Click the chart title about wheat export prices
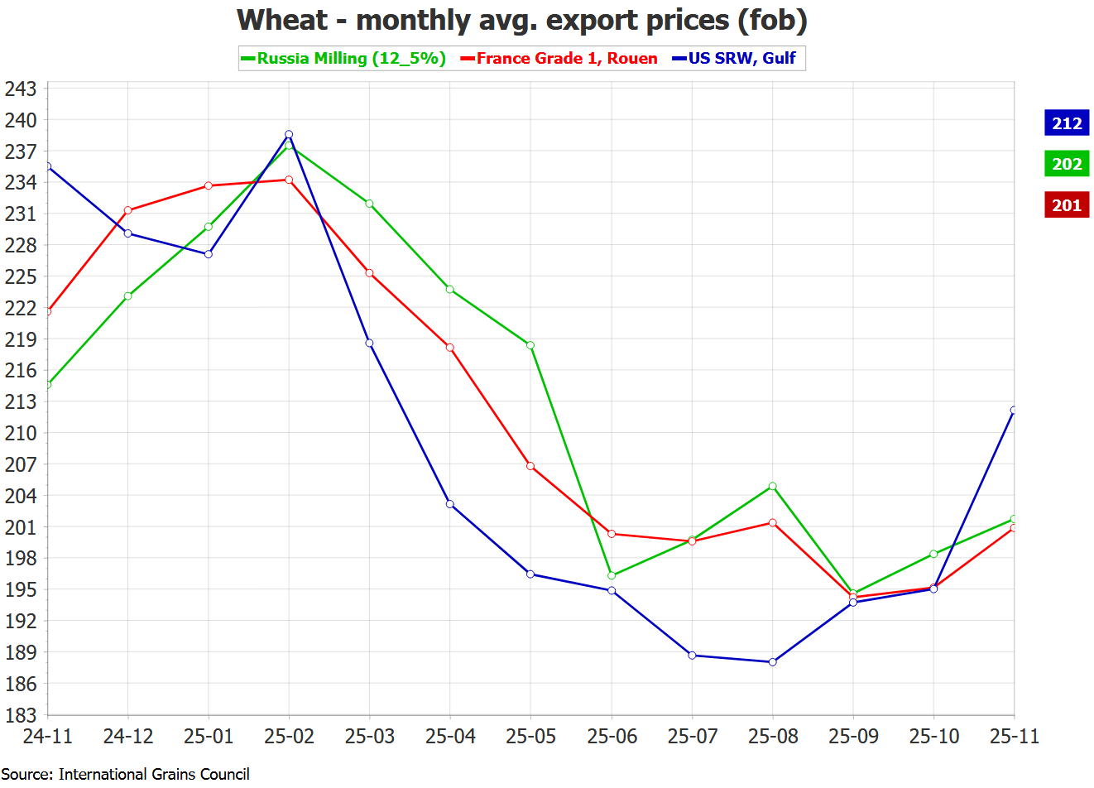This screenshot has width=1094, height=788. pyautogui.click(x=521, y=20)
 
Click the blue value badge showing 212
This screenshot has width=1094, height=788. pyautogui.click(x=1067, y=123)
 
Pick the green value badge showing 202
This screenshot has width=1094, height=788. pyautogui.click(x=1067, y=164)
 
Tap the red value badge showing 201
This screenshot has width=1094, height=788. pyautogui.click(x=1067, y=205)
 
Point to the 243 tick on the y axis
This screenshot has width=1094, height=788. pyautogui.click(x=21, y=89)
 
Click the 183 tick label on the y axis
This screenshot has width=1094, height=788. pyautogui.click(x=21, y=715)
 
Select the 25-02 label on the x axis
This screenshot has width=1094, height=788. pyautogui.click(x=289, y=737)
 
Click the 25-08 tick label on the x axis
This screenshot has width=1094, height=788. pyautogui.click(x=773, y=737)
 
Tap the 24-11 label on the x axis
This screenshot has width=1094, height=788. pyautogui.click(x=47, y=737)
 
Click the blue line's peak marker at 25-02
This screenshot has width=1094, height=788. pyautogui.click(x=289, y=134)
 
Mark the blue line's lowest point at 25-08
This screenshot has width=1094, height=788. pyautogui.click(x=773, y=662)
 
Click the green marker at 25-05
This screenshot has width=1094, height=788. pyautogui.click(x=530, y=345)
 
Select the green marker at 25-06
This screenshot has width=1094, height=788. pyautogui.click(x=612, y=575)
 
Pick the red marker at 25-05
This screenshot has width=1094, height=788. pyautogui.click(x=530, y=466)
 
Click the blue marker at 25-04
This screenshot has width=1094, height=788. pyautogui.click(x=450, y=504)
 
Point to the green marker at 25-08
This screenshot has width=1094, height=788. pyautogui.click(x=773, y=486)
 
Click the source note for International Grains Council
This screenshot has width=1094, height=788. pyautogui.click(x=125, y=774)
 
